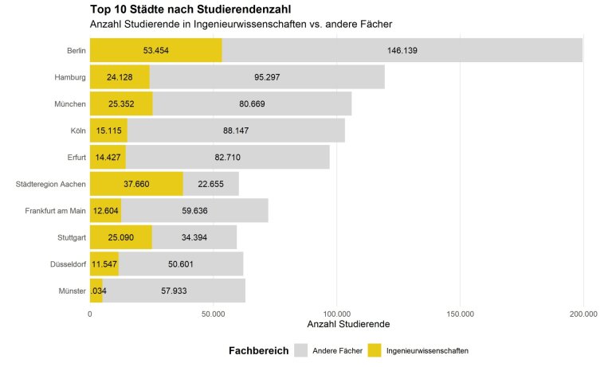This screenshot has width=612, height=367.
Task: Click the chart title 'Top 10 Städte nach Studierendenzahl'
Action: pos(190,10)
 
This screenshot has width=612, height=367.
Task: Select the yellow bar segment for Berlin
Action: pos(155,50)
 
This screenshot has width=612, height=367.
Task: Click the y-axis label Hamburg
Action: pos(70,77)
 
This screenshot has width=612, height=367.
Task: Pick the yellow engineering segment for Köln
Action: pos(108,130)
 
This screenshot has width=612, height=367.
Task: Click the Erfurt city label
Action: pos(76,157)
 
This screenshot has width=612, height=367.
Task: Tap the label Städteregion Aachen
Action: pos(51,184)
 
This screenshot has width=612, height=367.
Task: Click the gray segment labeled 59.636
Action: pos(194,211)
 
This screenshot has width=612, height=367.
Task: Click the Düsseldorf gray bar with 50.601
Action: pos(180,264)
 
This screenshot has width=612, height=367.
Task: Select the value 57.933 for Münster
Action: pos(173,291)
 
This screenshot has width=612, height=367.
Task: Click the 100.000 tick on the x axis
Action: pos(336,314)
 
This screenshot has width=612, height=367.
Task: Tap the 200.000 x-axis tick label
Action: pos(583,314)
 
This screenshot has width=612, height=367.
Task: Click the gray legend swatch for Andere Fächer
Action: pos(300,350)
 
